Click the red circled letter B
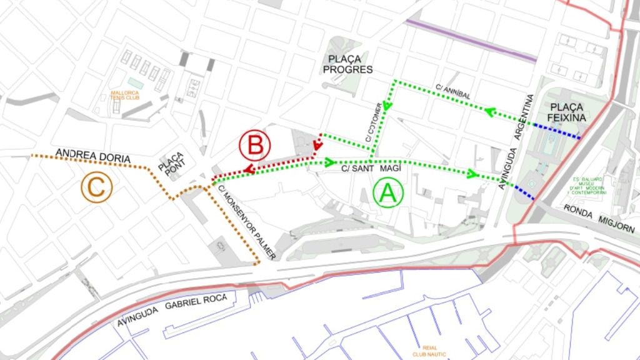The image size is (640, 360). pyautogui.click(x=254, y=146)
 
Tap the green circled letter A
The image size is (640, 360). pyautogui.click(x=387, y=194)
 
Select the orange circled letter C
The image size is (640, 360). pyautogui.click(x=96, y=187)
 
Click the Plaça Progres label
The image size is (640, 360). pyautogui.click(x=347, y=64)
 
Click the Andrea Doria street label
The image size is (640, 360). pyautogui.click(x=92, y=156)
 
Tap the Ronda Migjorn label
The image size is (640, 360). pyautogui.click(x=599, y=218)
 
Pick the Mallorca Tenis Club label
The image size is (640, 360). pyautogui.click(x=125, y=95)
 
